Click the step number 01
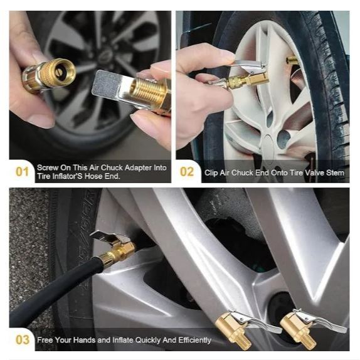(x=22, y=172)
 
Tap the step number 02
(x=187, y=172)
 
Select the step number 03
(x=23, y=340)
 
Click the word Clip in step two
(x=211, y=172)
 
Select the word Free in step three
(x=45, y=340)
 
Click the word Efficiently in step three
(x=194, y=340)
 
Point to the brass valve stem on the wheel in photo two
(x=292, y=60)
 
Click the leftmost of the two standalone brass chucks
(x=243, y=326)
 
